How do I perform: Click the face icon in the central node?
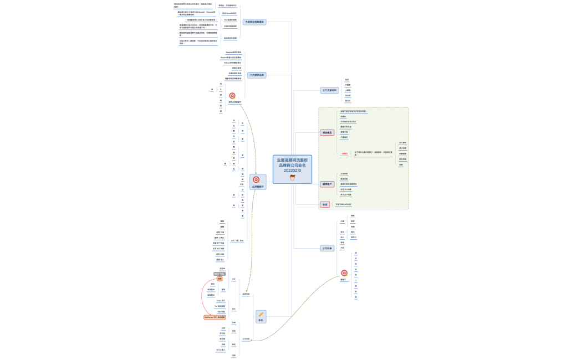click(x=292, y=178)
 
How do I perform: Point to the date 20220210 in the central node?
click(x=292, y=171)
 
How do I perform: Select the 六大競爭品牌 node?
click(x=257, y=75)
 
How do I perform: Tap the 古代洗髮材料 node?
click(x=329, y=90)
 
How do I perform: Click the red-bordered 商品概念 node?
click(x=328, y=132)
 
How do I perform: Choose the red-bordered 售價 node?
click(x=325, y=204)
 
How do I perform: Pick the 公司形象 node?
click(x=327, y=248)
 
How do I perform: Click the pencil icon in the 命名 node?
click(x=261, y=315)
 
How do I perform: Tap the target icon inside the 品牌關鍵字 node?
click(x=256, y=179)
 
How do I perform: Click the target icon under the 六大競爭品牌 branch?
click(x=232, y=96)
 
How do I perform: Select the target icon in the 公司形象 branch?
click(x=344, y=273)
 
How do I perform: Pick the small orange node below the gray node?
click(x=219, y=279)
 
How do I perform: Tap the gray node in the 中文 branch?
click(x=219, y=274)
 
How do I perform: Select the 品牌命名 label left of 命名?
click(x=246, y=294)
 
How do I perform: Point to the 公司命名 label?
click(x=246, y=339)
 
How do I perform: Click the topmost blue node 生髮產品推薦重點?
click(x=254, y=22)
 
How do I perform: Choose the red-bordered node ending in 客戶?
click(x=328, y=184)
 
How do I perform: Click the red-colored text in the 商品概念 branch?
click(x=344, y=153)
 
